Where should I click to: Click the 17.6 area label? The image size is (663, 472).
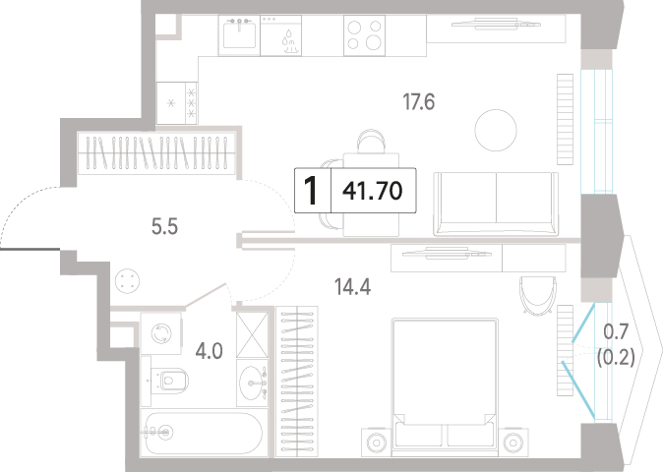click(419, 102)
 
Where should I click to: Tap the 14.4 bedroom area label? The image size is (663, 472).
click(352, 287)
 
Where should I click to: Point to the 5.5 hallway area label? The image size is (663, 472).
click(164, 227)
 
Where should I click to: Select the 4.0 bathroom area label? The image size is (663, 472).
click(209, 351)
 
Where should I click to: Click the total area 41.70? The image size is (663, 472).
click(373, 191)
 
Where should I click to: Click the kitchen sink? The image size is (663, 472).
click(239, 34)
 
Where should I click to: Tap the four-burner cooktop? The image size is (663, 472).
click(364, 35)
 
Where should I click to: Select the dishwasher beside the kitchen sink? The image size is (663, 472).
click(280, 35)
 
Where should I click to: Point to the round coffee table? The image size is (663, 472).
click(496, 130)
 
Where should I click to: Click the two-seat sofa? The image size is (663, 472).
click(496, 204)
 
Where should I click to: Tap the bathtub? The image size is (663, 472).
click(204, 432)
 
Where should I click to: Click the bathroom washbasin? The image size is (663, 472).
click(252, 383)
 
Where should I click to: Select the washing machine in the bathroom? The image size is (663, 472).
click(160, 333)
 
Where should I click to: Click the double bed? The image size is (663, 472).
click(444, 387)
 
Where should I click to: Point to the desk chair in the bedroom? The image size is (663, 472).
click(537, 295)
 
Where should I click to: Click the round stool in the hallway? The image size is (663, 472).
click(127, 280)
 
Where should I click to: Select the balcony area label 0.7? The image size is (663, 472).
click(616, 332)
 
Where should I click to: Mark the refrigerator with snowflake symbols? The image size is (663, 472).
click(177, 102)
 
